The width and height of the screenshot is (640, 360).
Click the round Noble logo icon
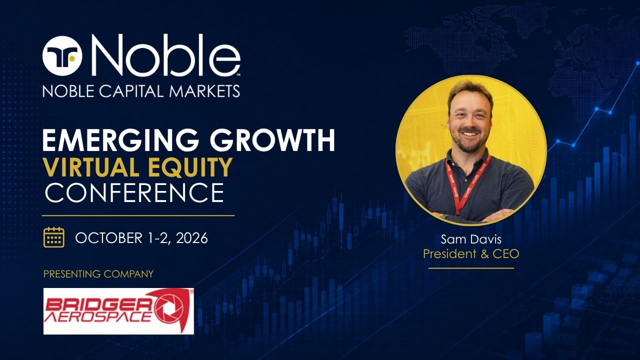pos(62,56)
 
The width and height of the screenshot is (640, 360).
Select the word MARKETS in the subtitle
pos(205,91)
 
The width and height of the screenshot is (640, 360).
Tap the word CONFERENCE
pos(134,192)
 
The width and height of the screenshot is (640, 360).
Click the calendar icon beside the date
pos(54,237)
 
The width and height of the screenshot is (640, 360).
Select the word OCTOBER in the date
pos(108,238)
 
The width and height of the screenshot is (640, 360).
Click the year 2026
pos(191,238)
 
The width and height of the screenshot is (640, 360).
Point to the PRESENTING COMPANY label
pos(98,274)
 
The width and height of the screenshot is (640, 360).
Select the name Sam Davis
pos(471,239)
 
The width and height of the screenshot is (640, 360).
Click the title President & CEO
pos(471,254)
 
